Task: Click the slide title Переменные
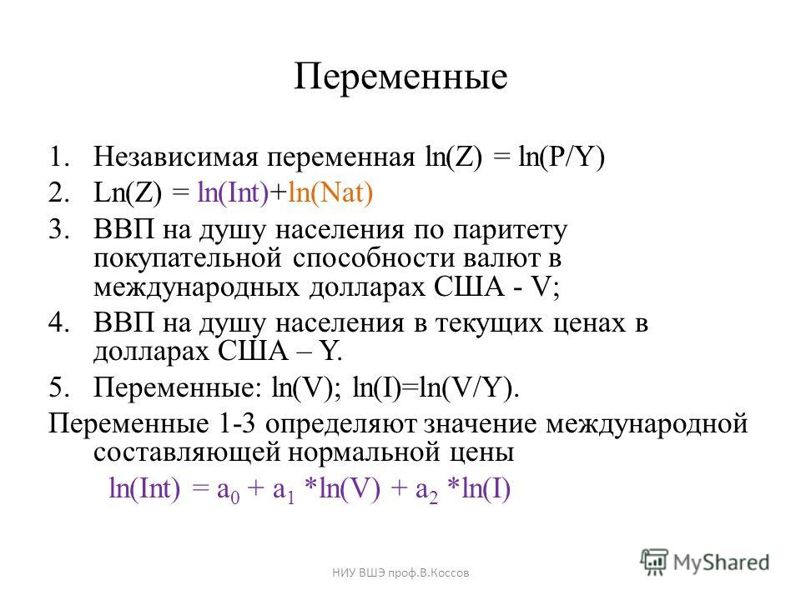tap(400, 77)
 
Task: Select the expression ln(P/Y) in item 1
tap(562, 157)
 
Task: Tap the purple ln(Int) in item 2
tap(233, 193)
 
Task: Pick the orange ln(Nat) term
tap(330, 193)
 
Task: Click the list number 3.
tap(58, 230)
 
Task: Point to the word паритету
tap(511, 232)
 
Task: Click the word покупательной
tap(188, 258)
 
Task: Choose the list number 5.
tap(58, 387)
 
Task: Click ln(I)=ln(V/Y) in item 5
tap(436, 388)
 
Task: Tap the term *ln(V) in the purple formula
tap(342, 489)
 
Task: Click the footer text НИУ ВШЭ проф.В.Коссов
tap(400, 573)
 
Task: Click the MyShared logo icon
tap(654, 562)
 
